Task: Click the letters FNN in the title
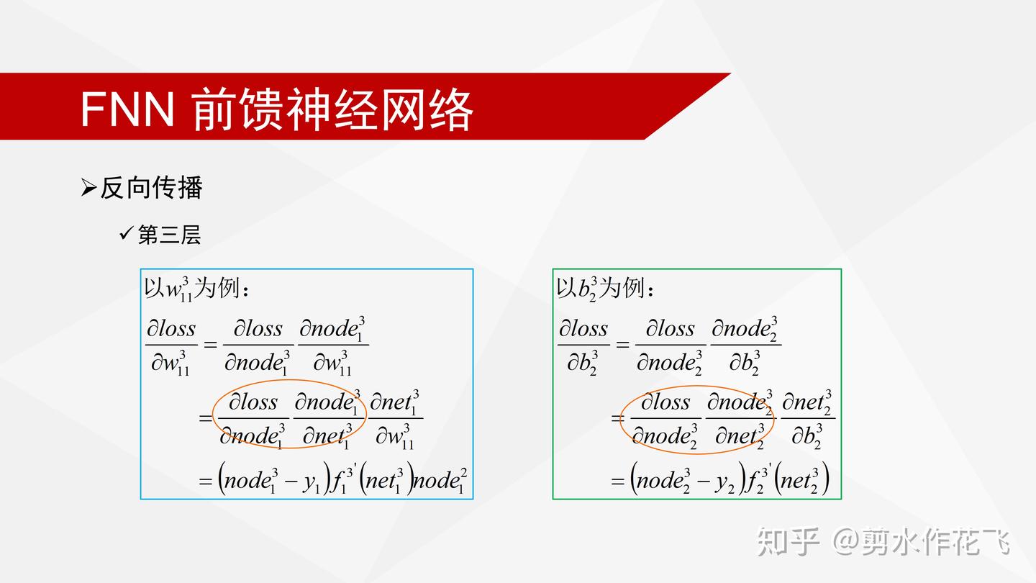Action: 127,109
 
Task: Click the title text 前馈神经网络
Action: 332,109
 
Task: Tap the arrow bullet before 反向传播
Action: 88,188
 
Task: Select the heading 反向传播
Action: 151,188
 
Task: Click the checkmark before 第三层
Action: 127,233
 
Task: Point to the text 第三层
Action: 169,235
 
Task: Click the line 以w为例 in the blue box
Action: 197,289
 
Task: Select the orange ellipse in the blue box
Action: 291,415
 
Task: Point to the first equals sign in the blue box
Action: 210,345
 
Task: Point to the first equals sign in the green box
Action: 622,345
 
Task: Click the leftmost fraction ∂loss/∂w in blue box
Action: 171,345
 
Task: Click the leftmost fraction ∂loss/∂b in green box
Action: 583,345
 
